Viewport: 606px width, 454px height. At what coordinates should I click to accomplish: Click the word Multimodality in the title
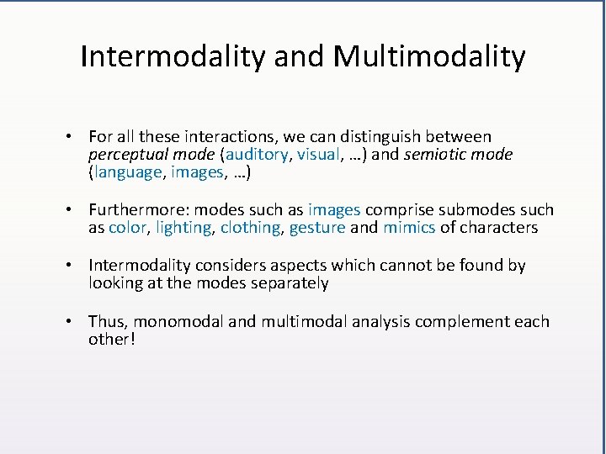429,57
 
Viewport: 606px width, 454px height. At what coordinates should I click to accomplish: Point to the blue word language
126,173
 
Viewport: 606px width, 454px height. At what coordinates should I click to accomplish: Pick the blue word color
128,228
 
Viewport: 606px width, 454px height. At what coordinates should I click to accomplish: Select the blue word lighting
184,228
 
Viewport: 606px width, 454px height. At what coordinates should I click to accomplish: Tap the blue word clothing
250,228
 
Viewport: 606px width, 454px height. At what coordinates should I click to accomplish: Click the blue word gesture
317,228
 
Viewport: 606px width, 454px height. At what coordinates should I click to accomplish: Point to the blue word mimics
409,228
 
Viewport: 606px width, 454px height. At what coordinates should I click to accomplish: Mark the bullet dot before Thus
76,321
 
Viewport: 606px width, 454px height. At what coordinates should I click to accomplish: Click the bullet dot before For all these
76,136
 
